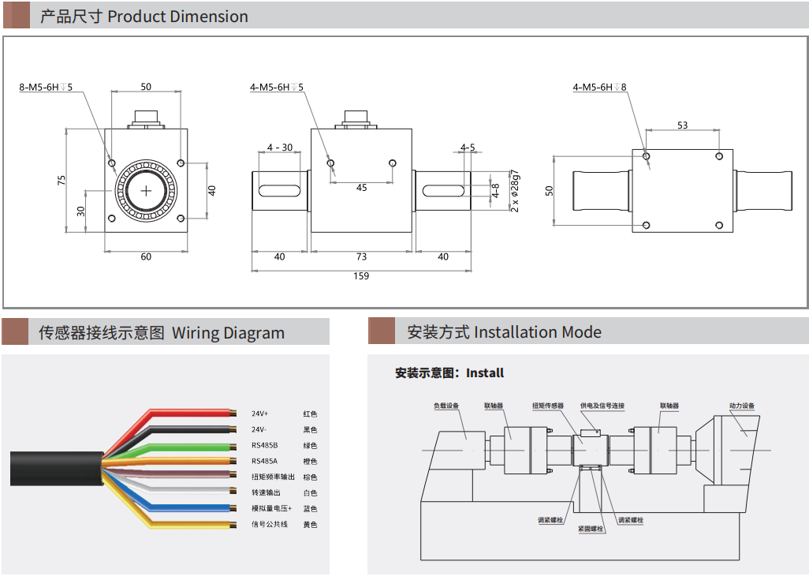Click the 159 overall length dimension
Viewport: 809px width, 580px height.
point(361,276)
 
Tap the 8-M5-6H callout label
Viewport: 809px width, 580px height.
point(46,87)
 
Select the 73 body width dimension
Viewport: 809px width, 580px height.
point(361,257)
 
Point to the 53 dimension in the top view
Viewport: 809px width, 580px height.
point(682,125)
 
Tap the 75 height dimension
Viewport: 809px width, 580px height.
point(62,180)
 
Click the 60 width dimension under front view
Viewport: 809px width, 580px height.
point(146,256)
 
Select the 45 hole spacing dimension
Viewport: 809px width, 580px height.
point(361,188)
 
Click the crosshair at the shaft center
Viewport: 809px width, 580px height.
point(146,191)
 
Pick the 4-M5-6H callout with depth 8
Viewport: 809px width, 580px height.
point(599,88)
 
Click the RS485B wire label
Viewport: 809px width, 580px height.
point(264,446)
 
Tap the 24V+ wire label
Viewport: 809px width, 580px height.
point(259,413)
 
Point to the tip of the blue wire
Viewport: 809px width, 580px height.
point(234,509)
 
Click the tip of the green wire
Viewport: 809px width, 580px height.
point(234,446)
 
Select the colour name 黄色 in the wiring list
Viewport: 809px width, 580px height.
point(310,525)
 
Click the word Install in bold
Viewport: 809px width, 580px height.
point(484,373)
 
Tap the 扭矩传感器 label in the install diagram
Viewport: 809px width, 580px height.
point(548,406)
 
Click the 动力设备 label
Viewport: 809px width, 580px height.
point(741,406)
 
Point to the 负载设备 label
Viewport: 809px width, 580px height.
point(446,406)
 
